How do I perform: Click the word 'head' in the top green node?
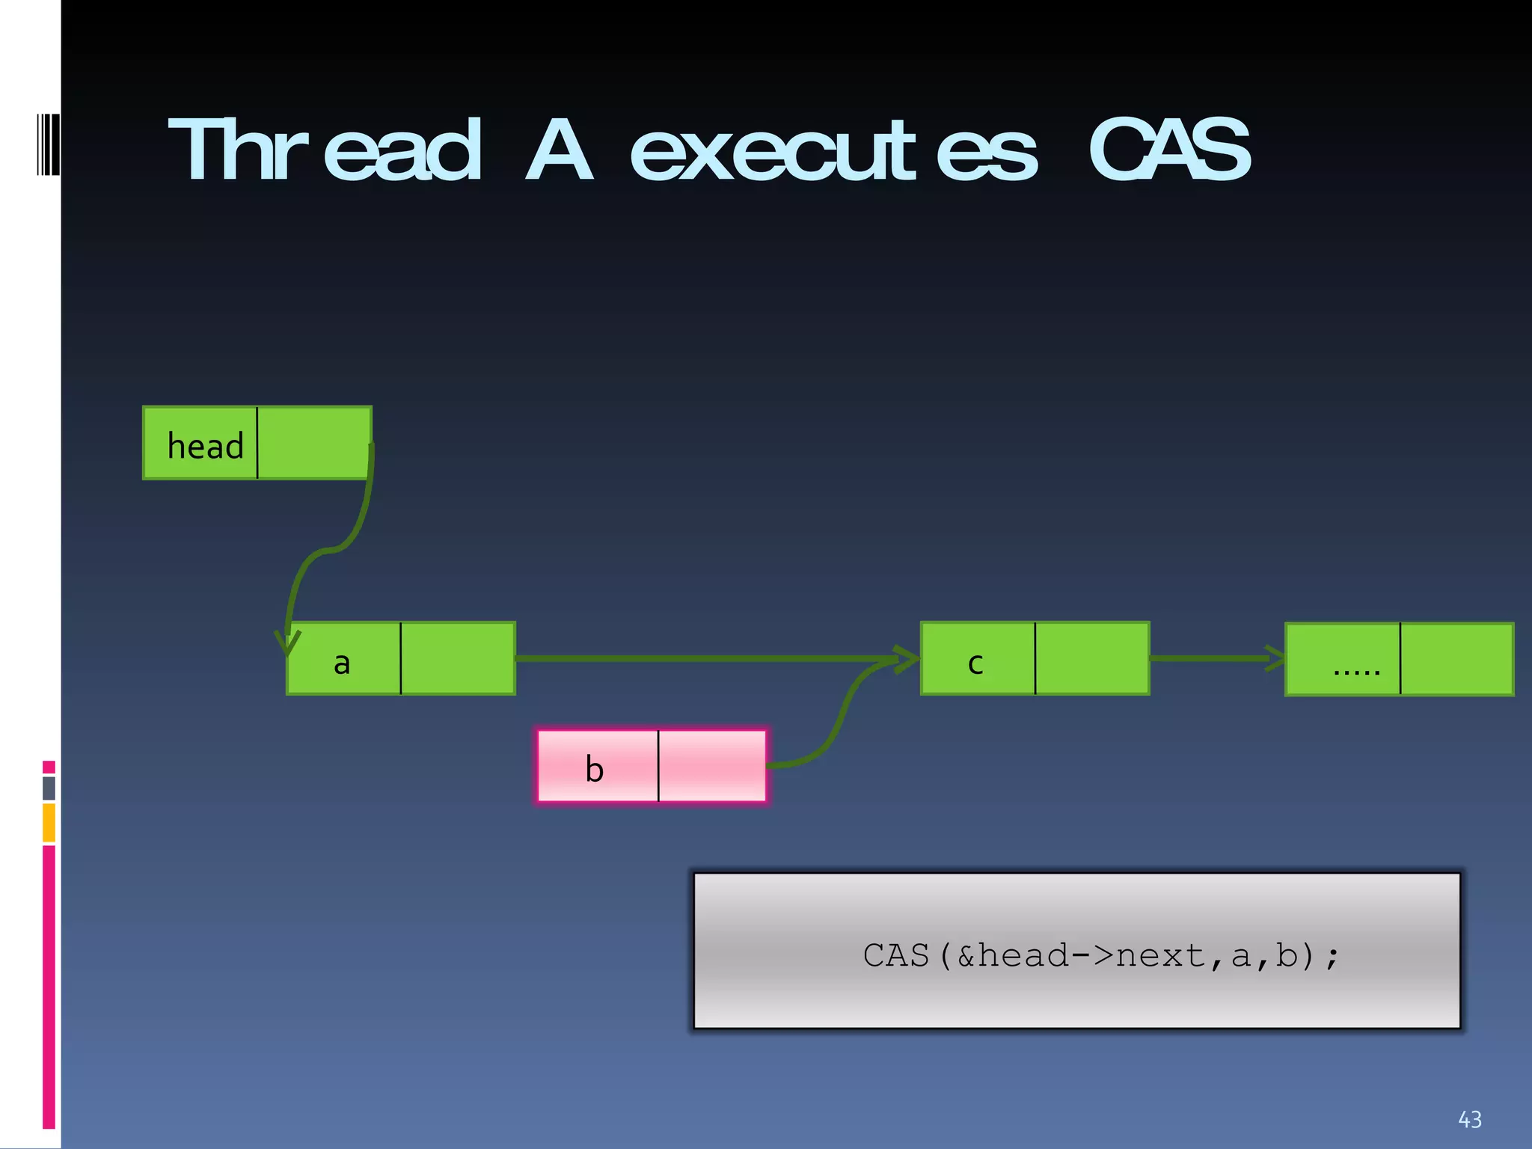[205, 446]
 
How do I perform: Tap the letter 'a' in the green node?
[342, 663]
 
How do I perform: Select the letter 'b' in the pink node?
[594, 769]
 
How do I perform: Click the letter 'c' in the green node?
[975, 663]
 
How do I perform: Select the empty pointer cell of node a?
[457, 658]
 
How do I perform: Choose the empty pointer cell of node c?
[1091, 658]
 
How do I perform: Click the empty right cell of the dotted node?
[1456, 659]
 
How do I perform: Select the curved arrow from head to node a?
[329, 551]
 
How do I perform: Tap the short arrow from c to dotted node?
[1212, 658]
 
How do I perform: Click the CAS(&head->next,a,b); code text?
[1101, 955]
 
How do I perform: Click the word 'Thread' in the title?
[325, 151]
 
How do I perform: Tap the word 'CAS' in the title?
[1168, 151]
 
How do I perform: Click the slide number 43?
[1469, 1119]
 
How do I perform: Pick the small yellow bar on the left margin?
[49, 822]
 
